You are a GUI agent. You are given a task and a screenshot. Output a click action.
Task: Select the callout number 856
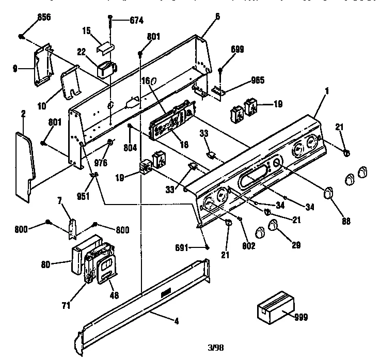pos(44,17)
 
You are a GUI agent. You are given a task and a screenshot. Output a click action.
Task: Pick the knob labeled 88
pos(327,194)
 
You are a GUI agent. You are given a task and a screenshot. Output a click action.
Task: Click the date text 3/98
pos(216,347)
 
